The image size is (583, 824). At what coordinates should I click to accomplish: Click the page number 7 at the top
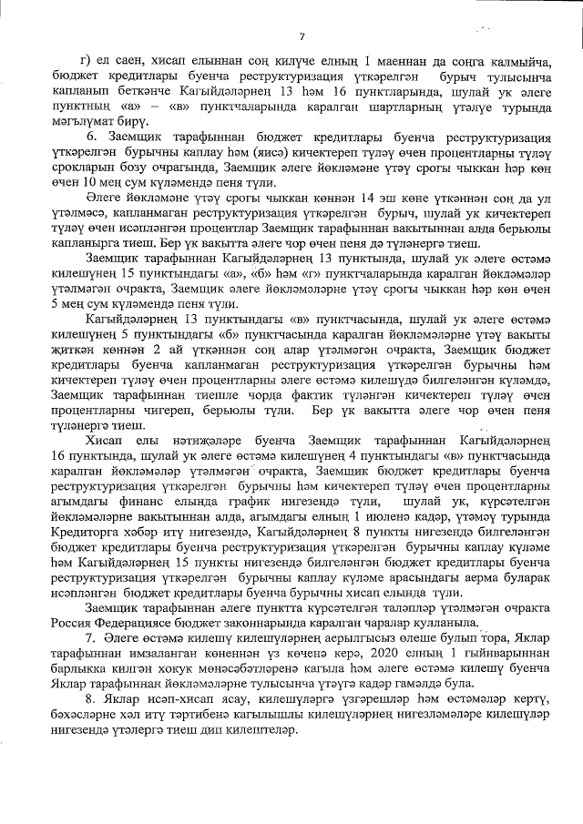pos(300,36)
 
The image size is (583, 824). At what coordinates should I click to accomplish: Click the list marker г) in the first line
pos(87,61)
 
